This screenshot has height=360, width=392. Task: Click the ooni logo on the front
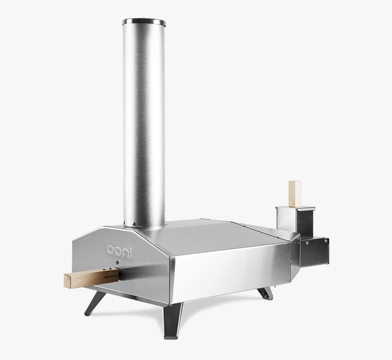(119, 249)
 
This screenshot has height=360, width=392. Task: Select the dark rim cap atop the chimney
(144, 22)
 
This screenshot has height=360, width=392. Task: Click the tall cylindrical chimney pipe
(144, 122)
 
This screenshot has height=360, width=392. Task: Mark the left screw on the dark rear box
(308, 242)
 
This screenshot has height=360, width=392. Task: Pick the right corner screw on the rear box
(326, 240)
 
